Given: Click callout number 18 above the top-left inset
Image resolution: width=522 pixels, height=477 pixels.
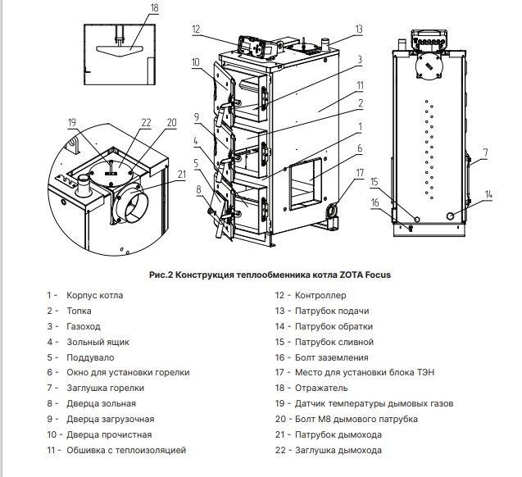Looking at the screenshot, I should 132,7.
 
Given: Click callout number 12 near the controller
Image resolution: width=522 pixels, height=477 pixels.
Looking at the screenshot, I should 197,30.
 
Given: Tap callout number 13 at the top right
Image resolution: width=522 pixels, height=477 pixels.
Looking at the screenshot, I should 358,30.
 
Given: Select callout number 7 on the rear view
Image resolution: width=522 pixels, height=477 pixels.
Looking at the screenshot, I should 485,152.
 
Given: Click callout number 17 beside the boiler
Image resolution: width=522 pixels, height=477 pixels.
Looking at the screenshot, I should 359,172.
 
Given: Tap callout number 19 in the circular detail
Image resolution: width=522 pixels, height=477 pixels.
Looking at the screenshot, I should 72,123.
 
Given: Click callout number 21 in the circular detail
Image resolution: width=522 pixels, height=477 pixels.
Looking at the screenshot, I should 182,173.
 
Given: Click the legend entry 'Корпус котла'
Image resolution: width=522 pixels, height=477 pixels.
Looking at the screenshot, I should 95,295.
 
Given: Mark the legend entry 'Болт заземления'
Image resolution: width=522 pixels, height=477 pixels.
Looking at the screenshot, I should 332,357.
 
